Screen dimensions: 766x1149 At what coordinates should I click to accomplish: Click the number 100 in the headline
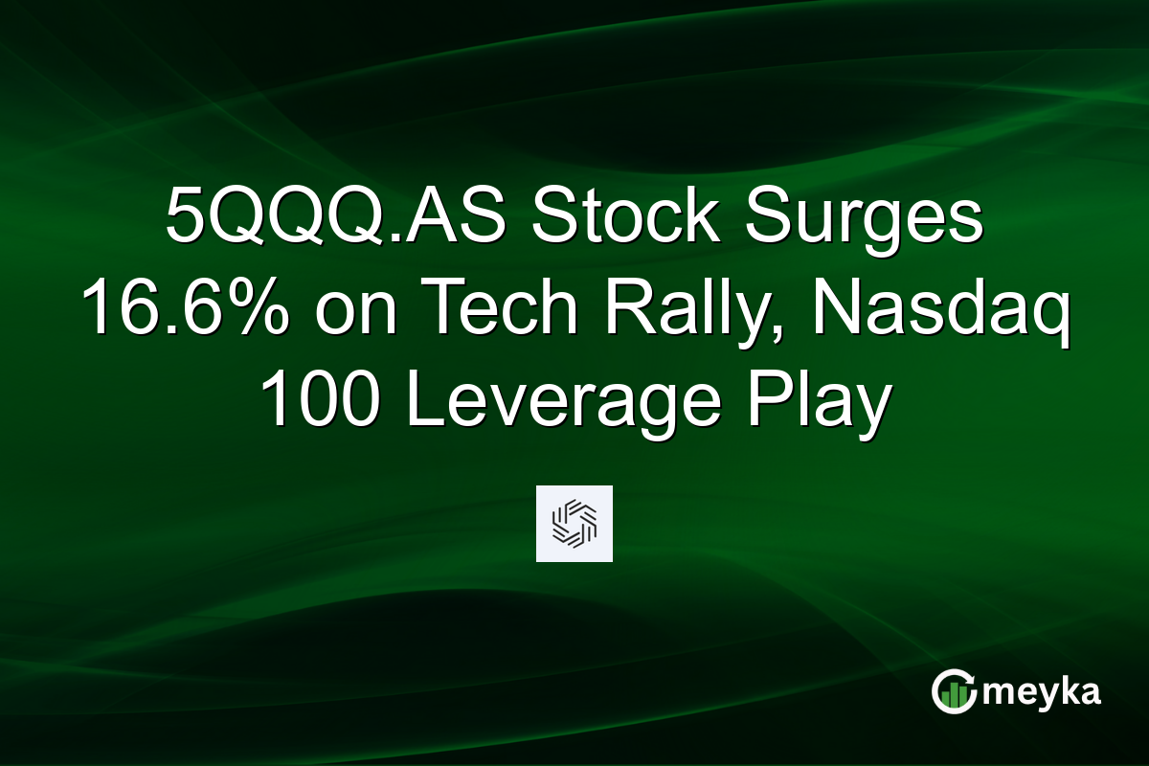point(320,402)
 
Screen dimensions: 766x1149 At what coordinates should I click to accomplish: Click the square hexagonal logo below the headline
point(574,524)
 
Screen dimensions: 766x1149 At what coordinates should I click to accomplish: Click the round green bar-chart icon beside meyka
point(954,692)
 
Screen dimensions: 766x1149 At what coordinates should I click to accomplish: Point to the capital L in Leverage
point(420,402)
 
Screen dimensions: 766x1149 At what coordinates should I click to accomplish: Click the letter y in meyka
point(1049,695)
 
